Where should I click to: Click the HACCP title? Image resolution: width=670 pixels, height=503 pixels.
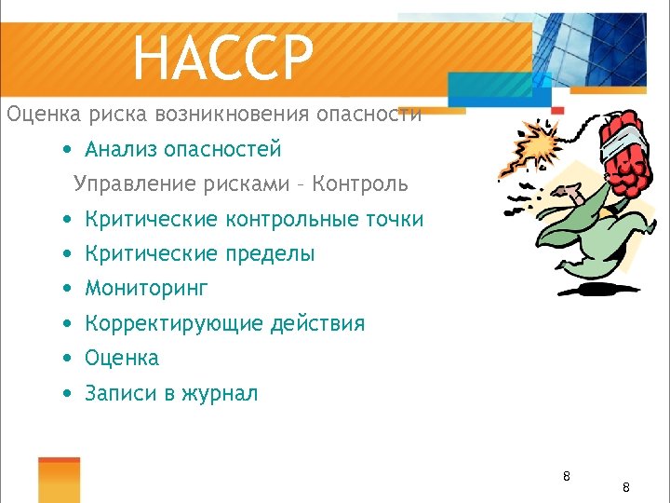point(223,57)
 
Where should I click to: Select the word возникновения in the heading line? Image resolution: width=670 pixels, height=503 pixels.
point(235,115)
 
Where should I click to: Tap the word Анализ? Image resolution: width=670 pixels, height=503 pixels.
point(120,149)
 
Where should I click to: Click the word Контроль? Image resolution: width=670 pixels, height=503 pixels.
point(360,184)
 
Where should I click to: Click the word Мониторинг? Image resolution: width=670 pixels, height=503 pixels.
point(146,289)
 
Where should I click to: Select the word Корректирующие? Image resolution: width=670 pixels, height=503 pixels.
point(174,324)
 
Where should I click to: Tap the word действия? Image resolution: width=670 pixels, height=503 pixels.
point(317,324)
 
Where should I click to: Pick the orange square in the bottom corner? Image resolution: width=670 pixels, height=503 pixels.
point(59,480)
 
